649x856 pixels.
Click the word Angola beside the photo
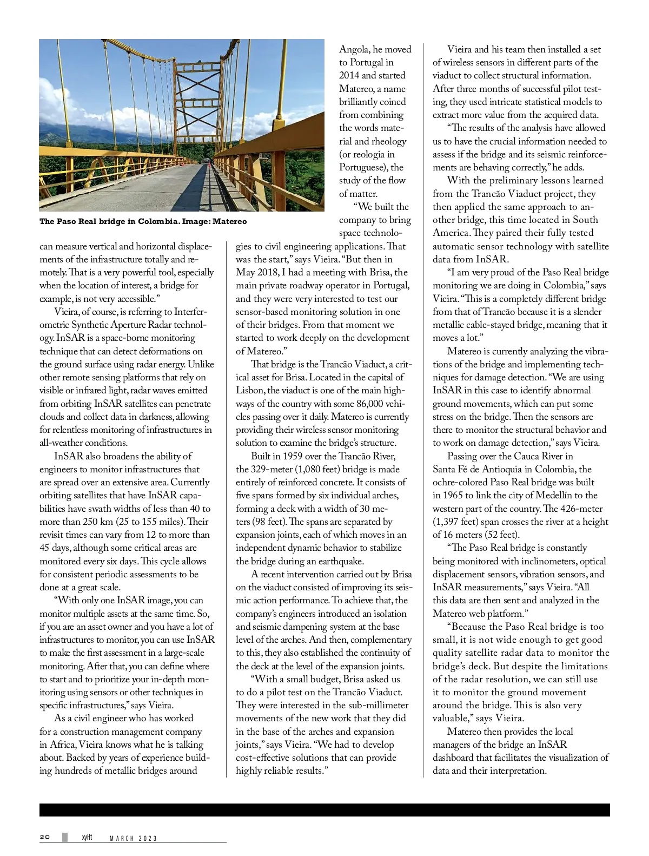(354, 49)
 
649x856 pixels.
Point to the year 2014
(349, 76)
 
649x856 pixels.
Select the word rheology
(388, 141)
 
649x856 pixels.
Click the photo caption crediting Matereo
(143, 221)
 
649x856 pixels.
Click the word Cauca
(526, 456)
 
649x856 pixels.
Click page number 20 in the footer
(45, 837)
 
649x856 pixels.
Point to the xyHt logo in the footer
(87, 837)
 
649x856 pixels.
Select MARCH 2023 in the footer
(133, 838)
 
